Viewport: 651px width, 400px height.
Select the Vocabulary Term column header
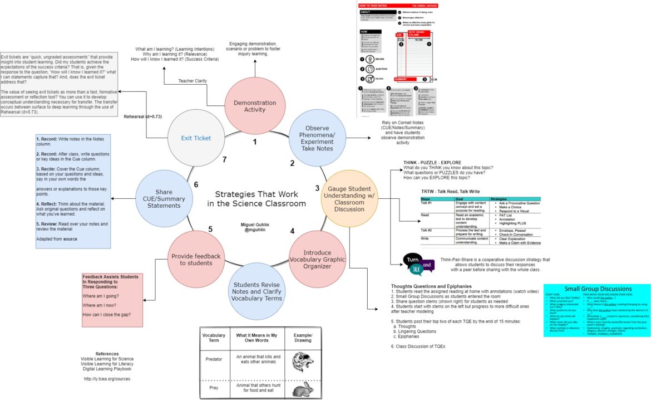click(x=214, y=338)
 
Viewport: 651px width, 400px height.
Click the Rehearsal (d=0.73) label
click(x=142, y=116)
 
